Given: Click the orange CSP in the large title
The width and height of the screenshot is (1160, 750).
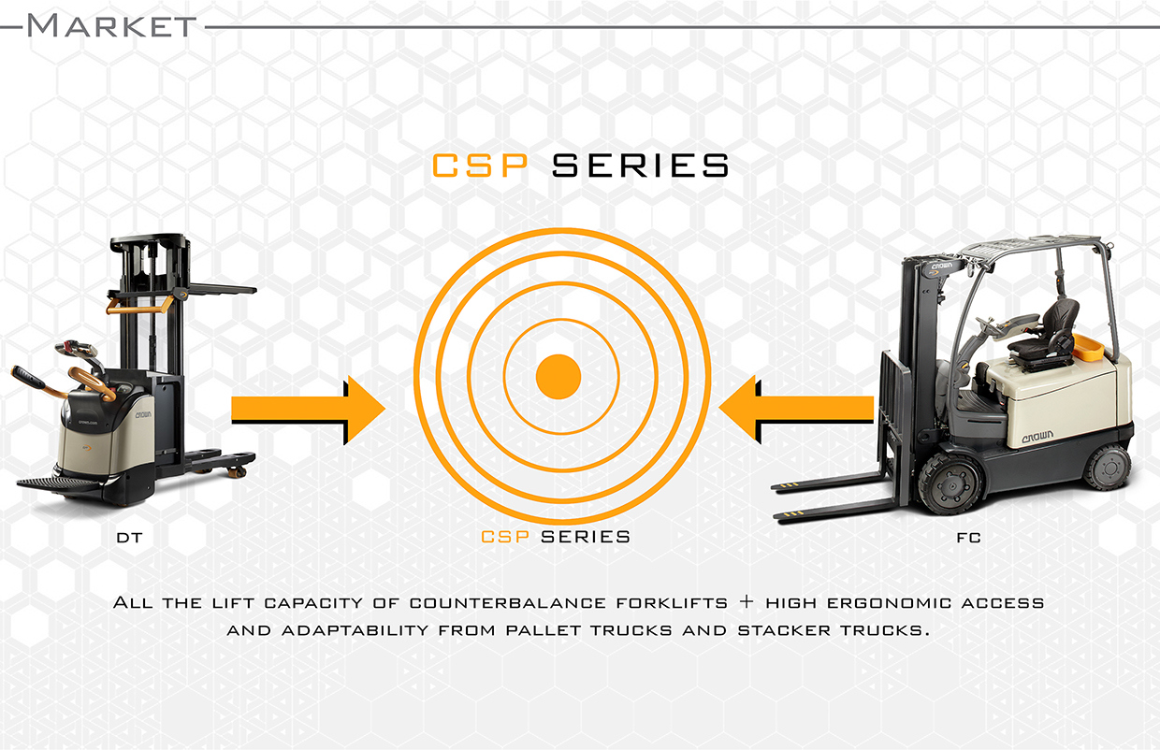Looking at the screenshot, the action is pos(483,166).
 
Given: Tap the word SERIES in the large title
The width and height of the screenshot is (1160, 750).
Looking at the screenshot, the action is pos(641,166).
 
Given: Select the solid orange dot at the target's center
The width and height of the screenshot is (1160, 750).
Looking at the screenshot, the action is pos(558,377).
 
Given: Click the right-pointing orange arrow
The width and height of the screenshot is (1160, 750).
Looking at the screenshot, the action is pos(309,409).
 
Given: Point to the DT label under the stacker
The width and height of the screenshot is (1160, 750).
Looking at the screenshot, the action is pos(130,540).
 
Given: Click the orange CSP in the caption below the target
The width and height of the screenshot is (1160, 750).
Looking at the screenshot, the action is pos(506,537).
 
